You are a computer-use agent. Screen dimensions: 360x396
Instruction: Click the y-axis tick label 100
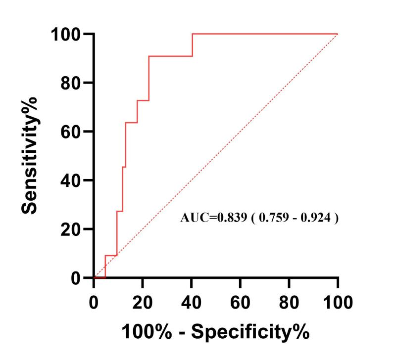(66, 34)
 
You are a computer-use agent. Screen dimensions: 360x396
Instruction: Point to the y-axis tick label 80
(71, 83)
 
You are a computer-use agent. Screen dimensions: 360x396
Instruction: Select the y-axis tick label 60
(71, 132)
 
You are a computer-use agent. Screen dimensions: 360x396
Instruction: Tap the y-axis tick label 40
(71, 180)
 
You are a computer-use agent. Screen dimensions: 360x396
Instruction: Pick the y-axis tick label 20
(71, 229)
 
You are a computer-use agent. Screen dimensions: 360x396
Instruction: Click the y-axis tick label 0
(76, 278)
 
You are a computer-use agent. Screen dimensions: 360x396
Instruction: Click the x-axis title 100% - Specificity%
(216, 331)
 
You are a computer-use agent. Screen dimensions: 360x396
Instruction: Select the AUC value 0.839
(227, 218)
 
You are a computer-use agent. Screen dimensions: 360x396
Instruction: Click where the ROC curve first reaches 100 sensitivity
(192, 34)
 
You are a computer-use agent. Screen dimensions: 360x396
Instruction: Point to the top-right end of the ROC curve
(338, 34)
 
